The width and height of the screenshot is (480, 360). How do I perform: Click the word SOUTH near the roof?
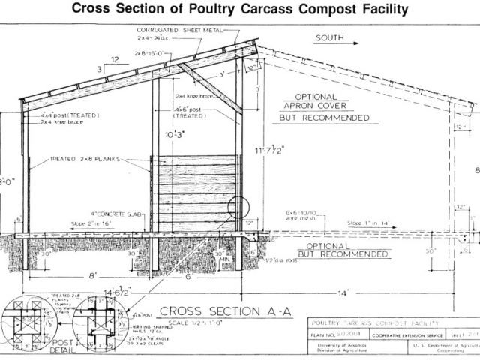pyautogui.click(x=331, y=37)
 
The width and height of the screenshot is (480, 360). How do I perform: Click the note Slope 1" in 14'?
pyautogui.click(x=367, y=223)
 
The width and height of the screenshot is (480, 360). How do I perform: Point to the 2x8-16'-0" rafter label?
pyautogui.click(x=151, y=54)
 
